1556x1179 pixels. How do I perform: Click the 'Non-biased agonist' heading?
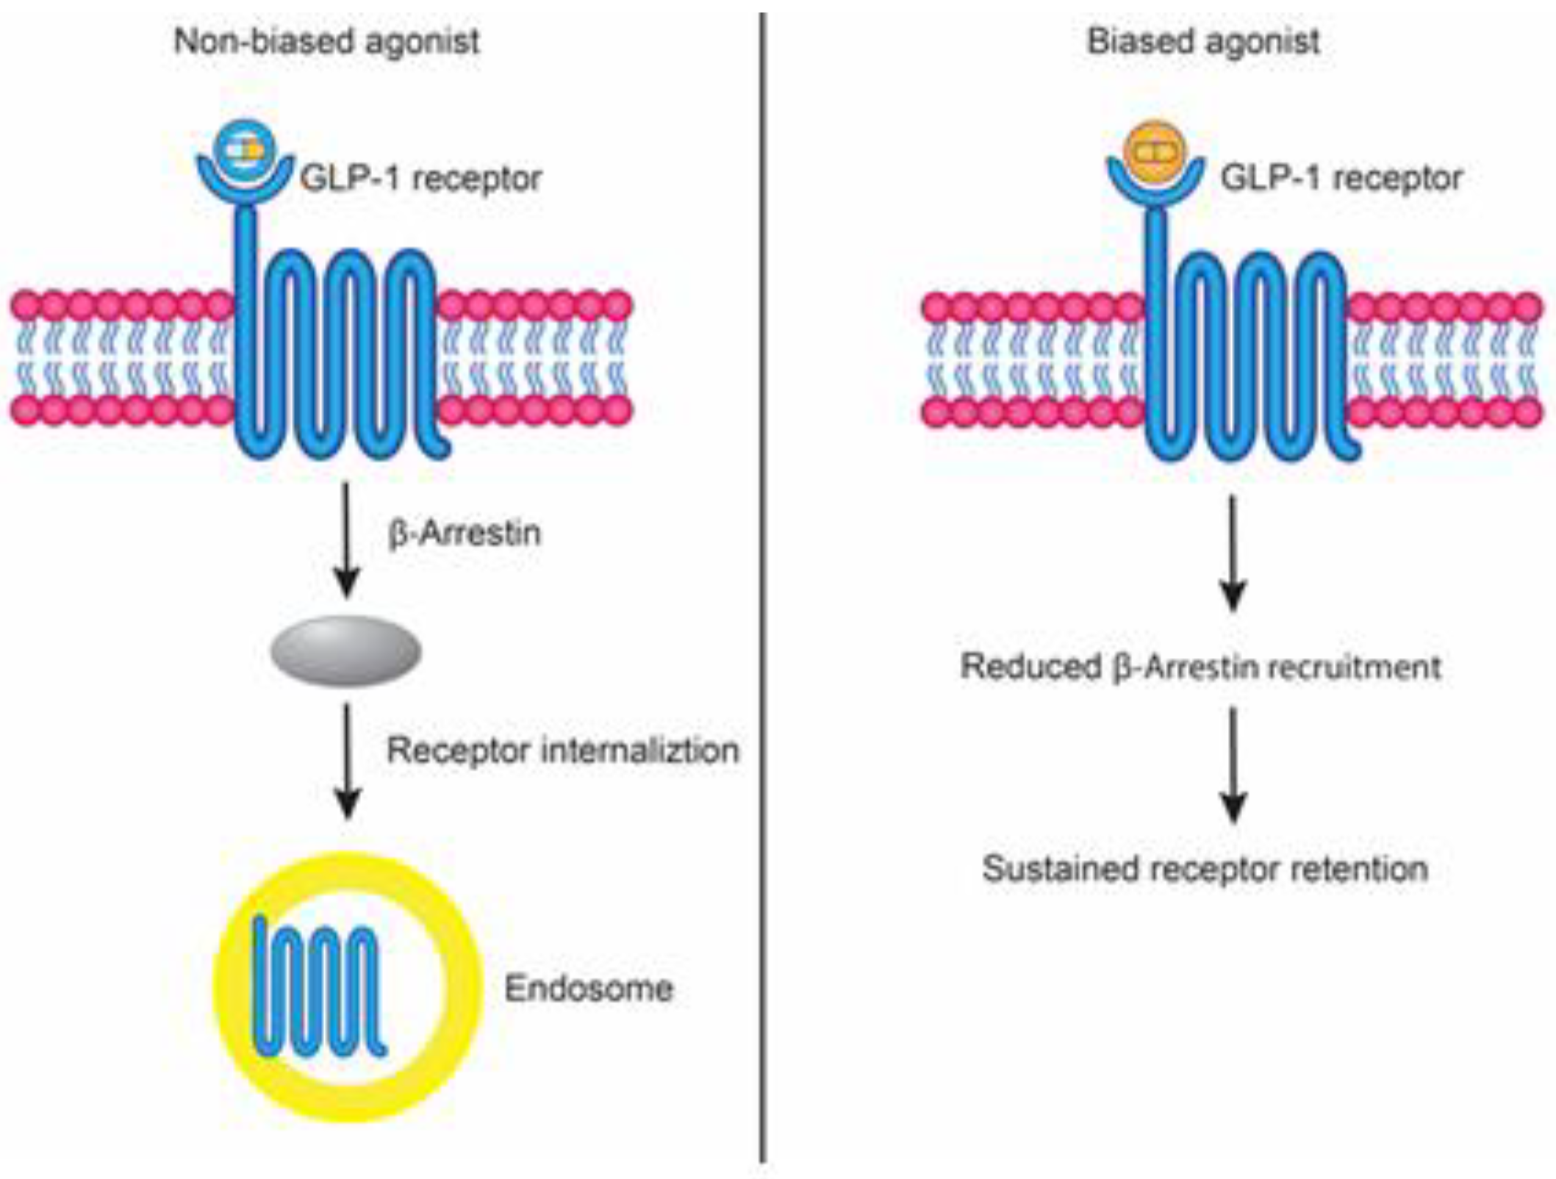pos(326,41)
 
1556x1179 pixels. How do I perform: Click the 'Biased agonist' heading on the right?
pos(1203,41)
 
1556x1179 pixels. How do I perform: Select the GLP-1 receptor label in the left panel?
pos(421,179)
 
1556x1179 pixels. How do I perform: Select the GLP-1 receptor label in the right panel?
pos(1341,179)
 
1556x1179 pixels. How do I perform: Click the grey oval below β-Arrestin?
pos(345,651)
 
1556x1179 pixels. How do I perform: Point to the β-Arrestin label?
pos(465,533)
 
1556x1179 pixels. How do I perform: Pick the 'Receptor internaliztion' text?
pos(562,750)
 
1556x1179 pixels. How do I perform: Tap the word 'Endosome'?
pos(588,988)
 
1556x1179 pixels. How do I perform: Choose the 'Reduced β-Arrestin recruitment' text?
pos(1200,667)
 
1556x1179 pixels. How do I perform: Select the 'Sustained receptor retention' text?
pos(1205,868)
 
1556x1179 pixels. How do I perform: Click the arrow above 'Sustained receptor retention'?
pos(1233,764)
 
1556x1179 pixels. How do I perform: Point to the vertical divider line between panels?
pos(762,588)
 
